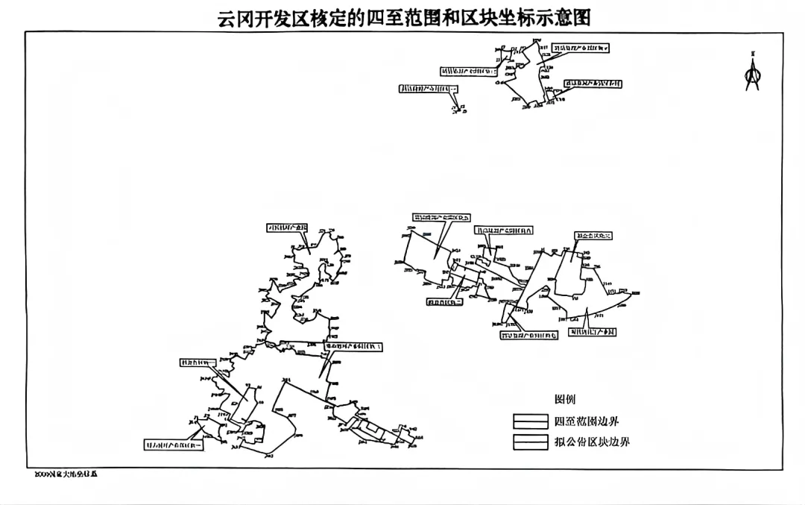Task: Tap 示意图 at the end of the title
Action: click(565, 16)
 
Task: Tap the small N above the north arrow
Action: click(753, 54)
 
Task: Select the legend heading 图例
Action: click(565, 400)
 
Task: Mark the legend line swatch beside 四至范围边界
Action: click(530, 421)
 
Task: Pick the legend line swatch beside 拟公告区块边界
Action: click(530, 442)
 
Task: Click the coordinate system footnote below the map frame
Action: click(66, 474)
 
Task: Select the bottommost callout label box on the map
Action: click(174, 445)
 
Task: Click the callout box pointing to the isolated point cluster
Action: click(429, 89)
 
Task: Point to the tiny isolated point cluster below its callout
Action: click(458, 110)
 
